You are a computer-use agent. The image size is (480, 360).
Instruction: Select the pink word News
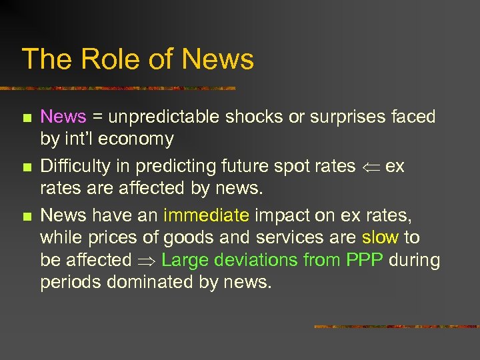click(63, 117)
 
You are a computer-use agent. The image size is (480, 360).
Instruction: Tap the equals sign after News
click(97, 118)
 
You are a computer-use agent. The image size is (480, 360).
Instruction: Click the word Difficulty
click(75, 166)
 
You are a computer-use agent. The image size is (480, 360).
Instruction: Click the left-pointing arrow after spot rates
click(371, 167)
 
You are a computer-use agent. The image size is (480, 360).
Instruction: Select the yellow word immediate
click(206, 215)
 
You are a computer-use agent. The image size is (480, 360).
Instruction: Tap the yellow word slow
click(380, 237)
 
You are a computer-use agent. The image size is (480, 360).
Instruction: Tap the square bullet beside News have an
click(26, 216)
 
